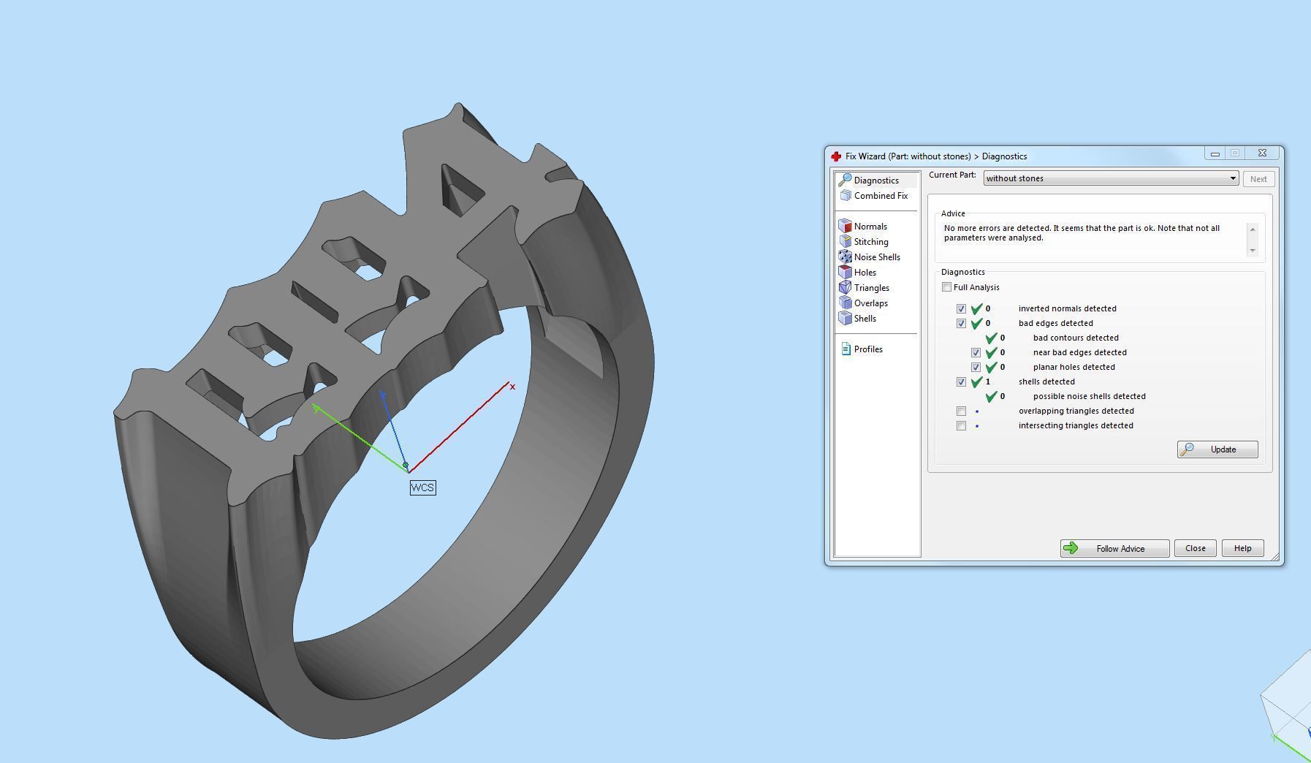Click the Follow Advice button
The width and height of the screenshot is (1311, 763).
coord(1114,548)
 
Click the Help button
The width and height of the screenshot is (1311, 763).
coord(1242,548)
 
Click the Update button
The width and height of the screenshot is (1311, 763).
coord(1217,449)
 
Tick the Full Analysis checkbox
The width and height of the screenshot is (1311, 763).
coord(947,287)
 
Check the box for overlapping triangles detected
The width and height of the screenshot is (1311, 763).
coord(961,411)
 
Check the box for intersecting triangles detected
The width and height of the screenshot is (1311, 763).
coord(961,426)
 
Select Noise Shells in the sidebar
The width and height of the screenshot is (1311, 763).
coord(876,257)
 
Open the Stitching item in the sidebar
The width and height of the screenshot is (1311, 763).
coord(870,242)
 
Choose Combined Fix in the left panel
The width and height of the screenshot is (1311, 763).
coord(880,196)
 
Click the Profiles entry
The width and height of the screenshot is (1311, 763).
coord(867,349)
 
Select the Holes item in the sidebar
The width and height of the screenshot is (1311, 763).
coord(864,273)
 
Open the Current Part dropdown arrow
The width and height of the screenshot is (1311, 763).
coord(1232,178)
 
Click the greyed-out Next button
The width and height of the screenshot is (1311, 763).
coord(1258,179)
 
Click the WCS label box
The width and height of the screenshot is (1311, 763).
coord(422,487)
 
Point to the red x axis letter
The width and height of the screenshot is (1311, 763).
coord(512,387)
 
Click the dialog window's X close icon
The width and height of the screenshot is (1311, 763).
coord(1262,153)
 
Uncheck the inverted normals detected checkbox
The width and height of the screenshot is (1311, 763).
coord(961,309)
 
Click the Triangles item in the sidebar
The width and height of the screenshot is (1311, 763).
coord(871,288)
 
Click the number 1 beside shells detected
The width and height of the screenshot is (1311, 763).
coord(988,381)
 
